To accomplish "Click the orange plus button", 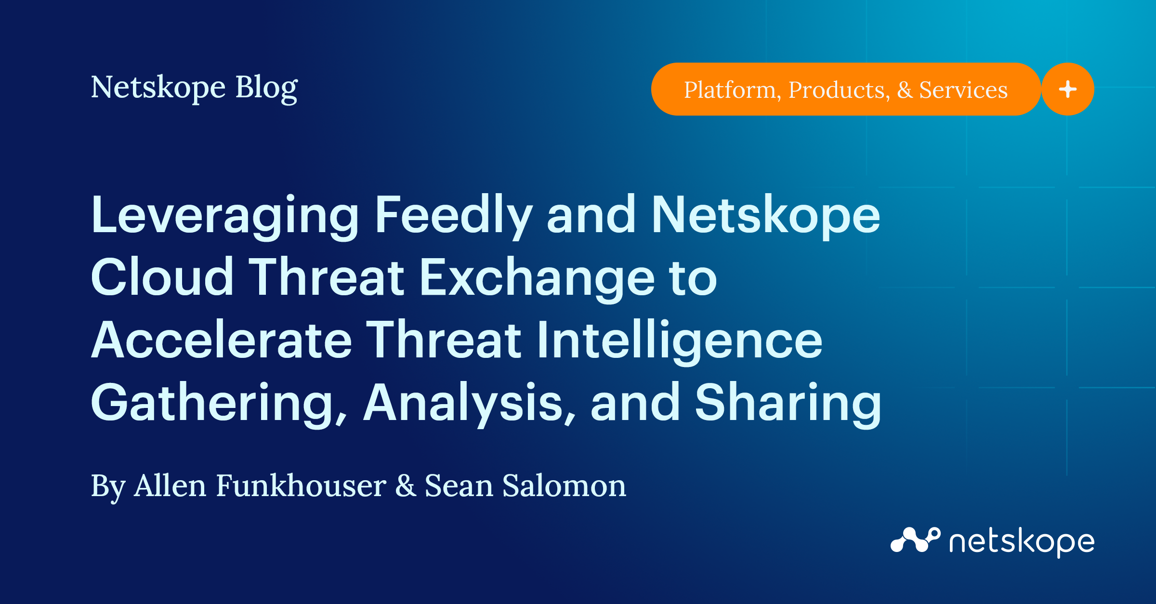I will [x=1067, y=89].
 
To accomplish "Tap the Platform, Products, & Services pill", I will [x=845, y=89].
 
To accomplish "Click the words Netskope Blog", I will [x=194, y=88].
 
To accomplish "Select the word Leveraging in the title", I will [x=225, y=215].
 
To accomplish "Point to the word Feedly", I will [x=453, y=215].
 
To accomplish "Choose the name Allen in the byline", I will [x=170, y=486].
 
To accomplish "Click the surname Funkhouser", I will [x=301, y=486].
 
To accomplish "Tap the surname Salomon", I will [x=564, y=486].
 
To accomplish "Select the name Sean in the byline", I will [x=459, y=486].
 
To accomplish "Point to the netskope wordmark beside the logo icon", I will [x=1022, y=542].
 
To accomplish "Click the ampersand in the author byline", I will [x=406, y=486].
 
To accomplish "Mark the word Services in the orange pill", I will [x=963, y=90].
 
